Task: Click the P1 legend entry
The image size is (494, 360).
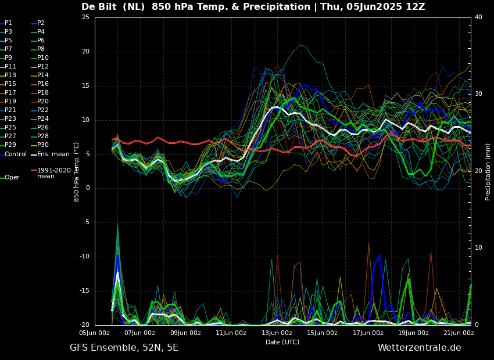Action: click(x=8, y=23)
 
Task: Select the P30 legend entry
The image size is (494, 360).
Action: click(x=43, y=145)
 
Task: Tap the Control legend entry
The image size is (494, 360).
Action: click(x=16, y=154)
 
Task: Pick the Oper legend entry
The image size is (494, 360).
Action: click(x=12, y=178)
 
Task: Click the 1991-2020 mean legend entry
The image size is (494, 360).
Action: click(x=53, y=173)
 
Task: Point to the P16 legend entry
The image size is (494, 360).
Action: click(x=43, y=84)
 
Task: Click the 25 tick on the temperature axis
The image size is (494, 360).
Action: click(x=85, y=17)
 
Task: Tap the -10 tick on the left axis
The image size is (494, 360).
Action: click(x=84, y=257)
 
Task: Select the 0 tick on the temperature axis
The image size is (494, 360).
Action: click(x=87, y=188)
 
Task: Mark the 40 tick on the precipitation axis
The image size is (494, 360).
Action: click(x=478, y=17)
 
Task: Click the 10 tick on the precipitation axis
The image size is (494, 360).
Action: click(x=478, y=248)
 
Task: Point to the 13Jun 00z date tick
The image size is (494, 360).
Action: click(x=277, y=333)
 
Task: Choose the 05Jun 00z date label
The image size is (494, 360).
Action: click(x=94, y=333)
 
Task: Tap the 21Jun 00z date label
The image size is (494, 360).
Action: click(x=459, y=333)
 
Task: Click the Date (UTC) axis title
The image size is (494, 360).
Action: click(x=282, y=343)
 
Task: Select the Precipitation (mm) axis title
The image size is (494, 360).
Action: click(x=488, y=172)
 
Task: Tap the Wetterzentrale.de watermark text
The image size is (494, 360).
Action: click(x=419, y=348)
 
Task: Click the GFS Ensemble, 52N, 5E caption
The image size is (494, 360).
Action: click(x=124, y=348)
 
